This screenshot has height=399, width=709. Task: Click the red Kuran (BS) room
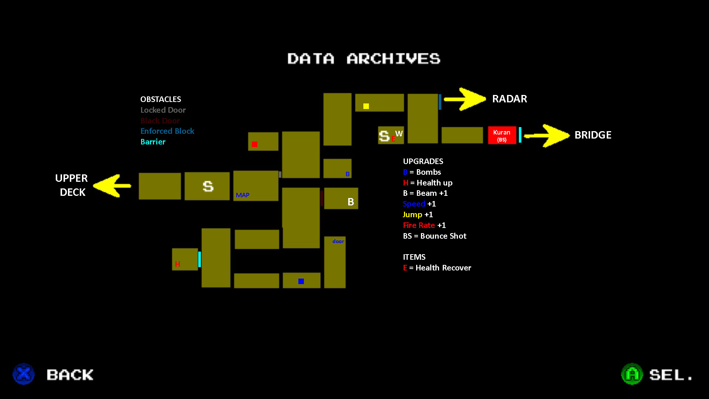click(x=502, y=135)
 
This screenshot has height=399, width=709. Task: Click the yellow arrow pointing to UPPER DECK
click(x=112, y=185)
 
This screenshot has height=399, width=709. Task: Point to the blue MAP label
click(x=243, y=195)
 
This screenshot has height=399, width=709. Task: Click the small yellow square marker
click(x=366, y=106)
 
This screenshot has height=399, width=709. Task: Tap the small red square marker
click(x=254, y=144)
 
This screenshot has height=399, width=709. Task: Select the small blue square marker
click(x=301, y=282)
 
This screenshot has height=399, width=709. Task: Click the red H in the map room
click(x=178, y=264)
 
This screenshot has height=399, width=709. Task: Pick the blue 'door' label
click(x=338, y=241)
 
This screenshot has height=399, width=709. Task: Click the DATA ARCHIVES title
click(x=364, y=59)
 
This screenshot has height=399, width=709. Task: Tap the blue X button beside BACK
click(x=24, y=374)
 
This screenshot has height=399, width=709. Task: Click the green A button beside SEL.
click(x=632, y=374)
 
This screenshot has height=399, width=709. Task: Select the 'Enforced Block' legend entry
click(x=167, y=131)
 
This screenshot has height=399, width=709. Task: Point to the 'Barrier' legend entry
click(x=153, y=142)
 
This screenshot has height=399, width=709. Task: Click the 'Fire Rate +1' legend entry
click(x=424, y=225)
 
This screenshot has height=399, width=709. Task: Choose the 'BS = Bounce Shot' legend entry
click(x=435, y=236)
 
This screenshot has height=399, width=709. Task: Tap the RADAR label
click(x=510, y=99)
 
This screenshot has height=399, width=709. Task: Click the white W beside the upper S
click(x=399, y=133)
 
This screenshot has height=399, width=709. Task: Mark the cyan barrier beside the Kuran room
click(x=520, y=135)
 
